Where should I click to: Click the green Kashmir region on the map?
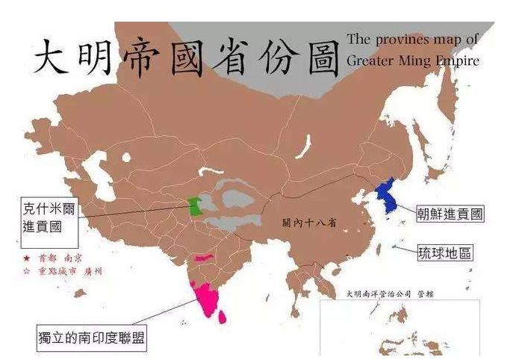pyautogui.click(x=195, y=206)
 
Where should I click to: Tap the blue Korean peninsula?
pyautogui.click(x=387, y=196)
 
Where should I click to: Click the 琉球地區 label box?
pyautogui.click(x=444, y=253)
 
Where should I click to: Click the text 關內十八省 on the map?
pyautogui.click(x=308, y=223)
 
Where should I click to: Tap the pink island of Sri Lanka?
pyautogui.click(x=222, y=316)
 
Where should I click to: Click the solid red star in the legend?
pyautogui.click(x=27, y=256)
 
